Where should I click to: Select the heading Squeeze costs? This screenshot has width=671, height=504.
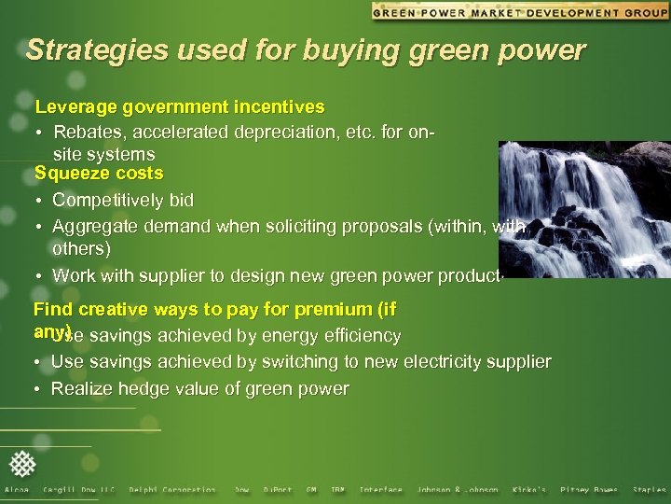[99, 174]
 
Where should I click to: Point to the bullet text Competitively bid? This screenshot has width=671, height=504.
[123, 201]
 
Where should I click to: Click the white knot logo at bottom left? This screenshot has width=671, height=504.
[23, 463]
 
